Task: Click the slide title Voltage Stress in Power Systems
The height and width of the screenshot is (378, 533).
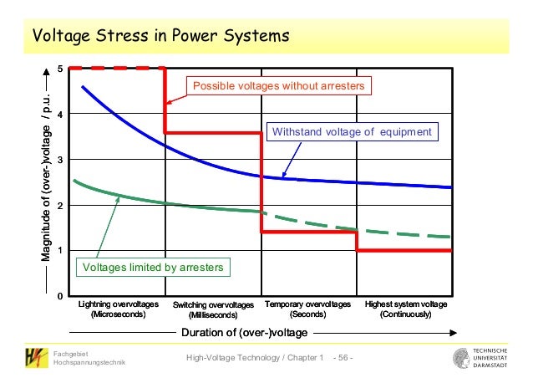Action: click(160, 37)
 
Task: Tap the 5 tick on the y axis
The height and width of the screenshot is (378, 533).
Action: click(59, 68)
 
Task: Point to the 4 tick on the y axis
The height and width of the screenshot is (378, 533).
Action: click(59, 114)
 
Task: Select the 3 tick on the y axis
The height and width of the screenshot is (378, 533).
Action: click(59, 159)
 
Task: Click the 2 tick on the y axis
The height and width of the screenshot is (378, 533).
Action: click(59, 205)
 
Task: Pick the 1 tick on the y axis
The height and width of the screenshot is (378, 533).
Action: click(59, 251)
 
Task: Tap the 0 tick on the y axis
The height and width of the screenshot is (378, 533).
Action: click(59, 296)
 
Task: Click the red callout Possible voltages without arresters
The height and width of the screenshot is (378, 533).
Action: click(280, 86)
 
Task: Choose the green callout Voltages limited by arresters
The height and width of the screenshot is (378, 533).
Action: click(151, 267)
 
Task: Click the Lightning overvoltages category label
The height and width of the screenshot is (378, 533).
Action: click(118, 309)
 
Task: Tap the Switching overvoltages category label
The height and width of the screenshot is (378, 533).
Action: click(213, 310)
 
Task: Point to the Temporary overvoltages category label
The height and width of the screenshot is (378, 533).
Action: click(307, 309)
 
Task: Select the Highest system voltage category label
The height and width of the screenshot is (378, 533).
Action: click(406, 309)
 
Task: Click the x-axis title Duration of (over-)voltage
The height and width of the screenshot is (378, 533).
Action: click(245, 332)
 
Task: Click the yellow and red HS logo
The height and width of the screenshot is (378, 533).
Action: click(36, 358)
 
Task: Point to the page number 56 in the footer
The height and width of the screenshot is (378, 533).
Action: click(343, 358)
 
